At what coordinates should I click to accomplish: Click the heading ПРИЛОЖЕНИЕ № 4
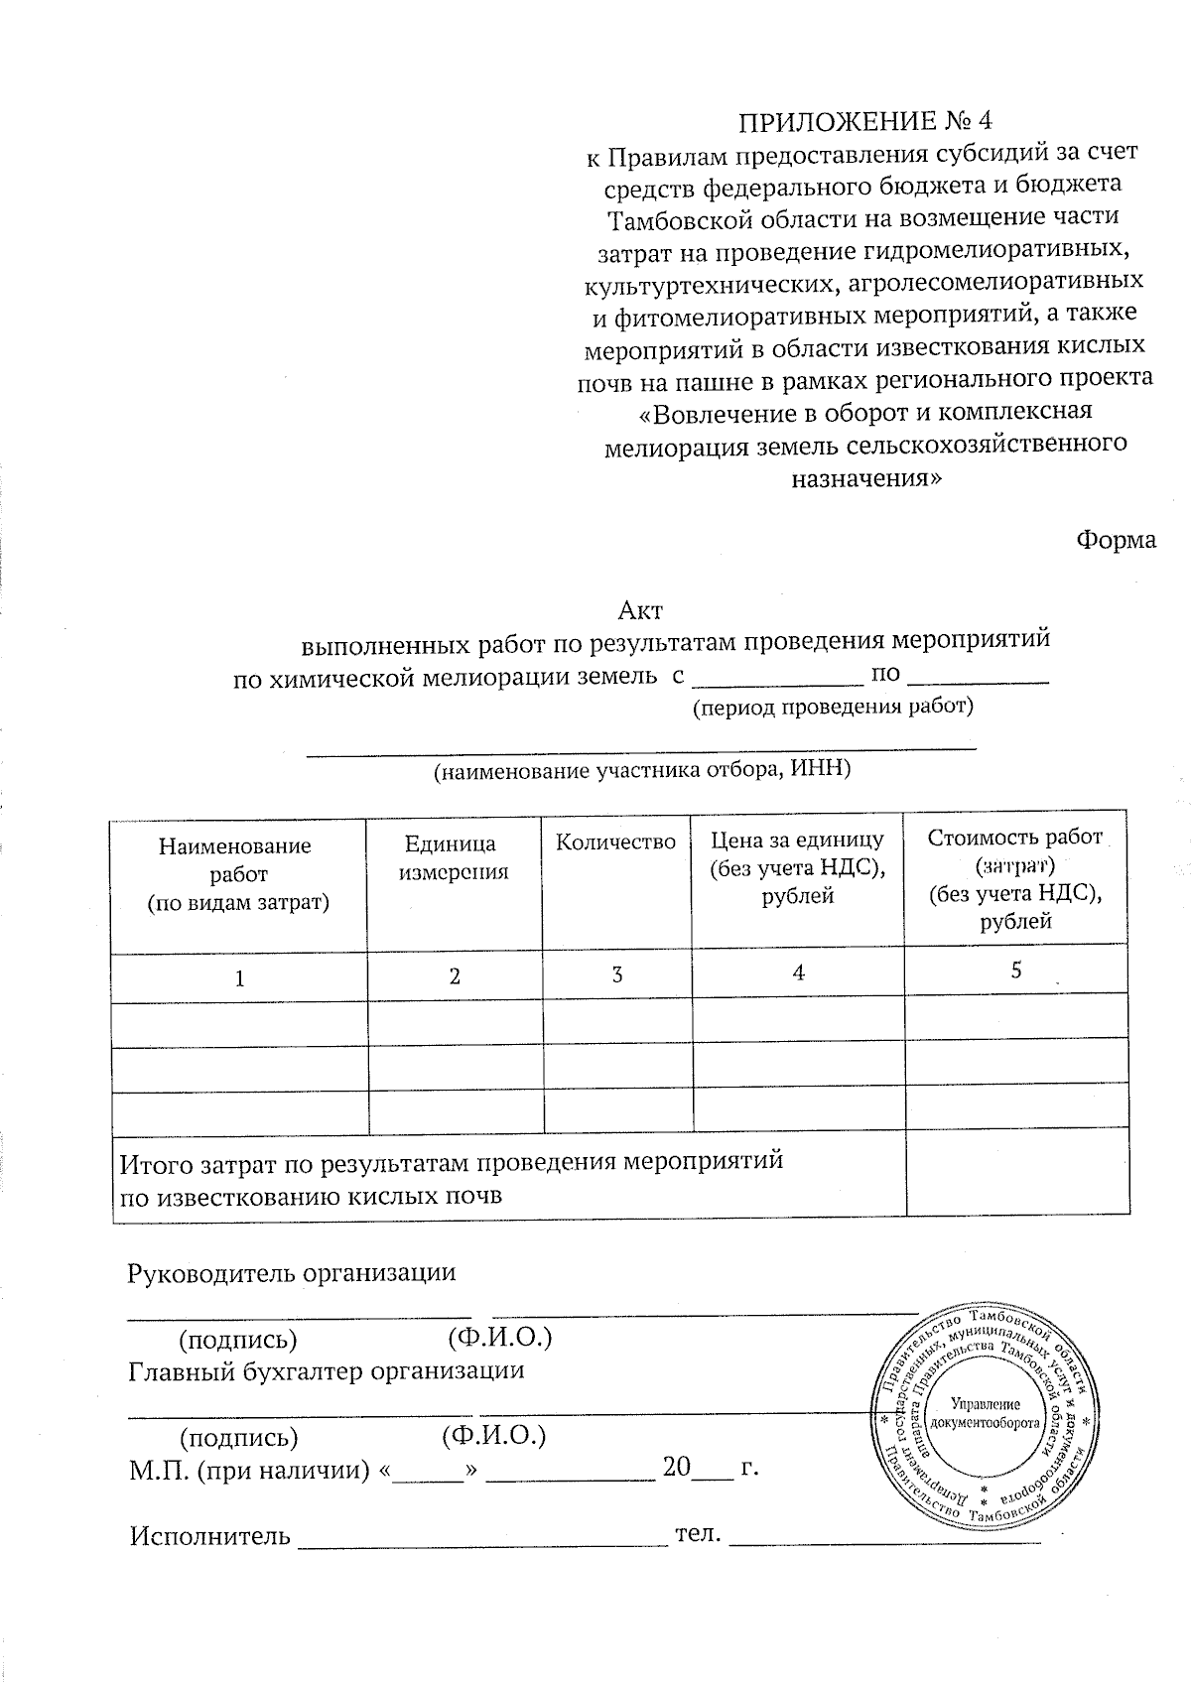pyautogui.click(x=864, y=121)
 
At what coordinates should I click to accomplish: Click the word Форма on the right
pyautogui.click(x=1116, y=540)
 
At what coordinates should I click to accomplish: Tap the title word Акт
pyautogui.click(x=640, y=609)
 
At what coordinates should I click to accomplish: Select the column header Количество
pyautogui.click(x=615, y=842)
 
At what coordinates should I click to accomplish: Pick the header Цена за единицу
pyautogui.click(x=797, y=867)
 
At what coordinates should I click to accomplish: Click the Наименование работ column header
pyautogui.click(x=238, y=874)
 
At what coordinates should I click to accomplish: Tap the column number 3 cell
pyautogui.click(x=616, y=974)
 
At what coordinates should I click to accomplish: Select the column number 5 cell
pyautogui.click(x=1015, y=971)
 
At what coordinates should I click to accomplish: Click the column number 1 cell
pyautogui.click(x=239, y=978)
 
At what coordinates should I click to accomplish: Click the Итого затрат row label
pyautogui.click(x=452, y=1177)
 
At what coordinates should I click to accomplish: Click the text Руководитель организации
pyautogui.click(x=292, y=1272)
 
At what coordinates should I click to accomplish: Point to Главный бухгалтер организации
pyautogui.click(x=327, y=1371)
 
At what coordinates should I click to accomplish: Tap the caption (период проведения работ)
pyautogui.click(x=832, y=708)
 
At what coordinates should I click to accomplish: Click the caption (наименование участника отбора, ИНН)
pyautogui.click(x=642, y=770)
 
